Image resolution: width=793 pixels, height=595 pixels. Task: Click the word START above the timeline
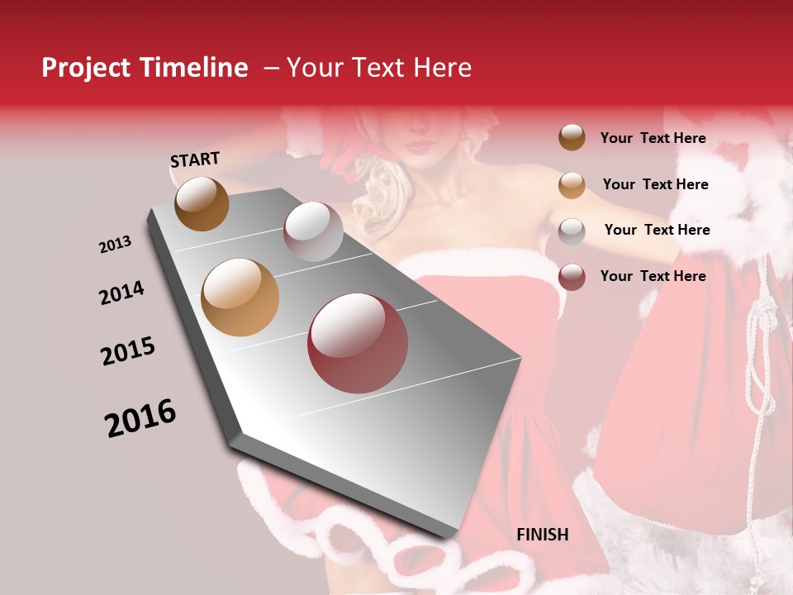[x=195, y=159]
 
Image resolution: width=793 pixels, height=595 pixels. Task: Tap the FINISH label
[x=542, y=535]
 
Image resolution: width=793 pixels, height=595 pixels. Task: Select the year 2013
[x=115, y=245]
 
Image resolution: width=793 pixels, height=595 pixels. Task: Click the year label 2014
[x=121, y=293]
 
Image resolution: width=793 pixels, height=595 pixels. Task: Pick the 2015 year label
[x=128, y=351]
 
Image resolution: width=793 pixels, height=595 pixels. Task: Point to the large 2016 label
[x=140, y=418]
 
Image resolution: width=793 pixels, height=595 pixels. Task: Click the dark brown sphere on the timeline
[x=202, y=203]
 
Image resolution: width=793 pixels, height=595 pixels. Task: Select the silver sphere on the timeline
[x=313, y=231]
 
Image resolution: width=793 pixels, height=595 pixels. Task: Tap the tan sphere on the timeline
[x=240, y=297]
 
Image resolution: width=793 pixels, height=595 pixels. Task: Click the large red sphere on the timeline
[x=358, y=343]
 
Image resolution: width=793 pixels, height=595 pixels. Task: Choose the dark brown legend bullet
[x=572, y=137]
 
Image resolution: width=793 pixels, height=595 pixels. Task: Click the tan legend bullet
[x=572, y=185]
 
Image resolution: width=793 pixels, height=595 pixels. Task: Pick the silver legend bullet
[x=572, y=231]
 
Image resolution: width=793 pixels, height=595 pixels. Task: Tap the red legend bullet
[x=572, y=277]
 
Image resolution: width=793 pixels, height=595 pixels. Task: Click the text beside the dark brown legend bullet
[x=653, y=138]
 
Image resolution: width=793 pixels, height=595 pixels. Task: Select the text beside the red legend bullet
[x=653, y=276]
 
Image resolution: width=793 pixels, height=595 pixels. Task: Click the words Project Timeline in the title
[x=145, y=68]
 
